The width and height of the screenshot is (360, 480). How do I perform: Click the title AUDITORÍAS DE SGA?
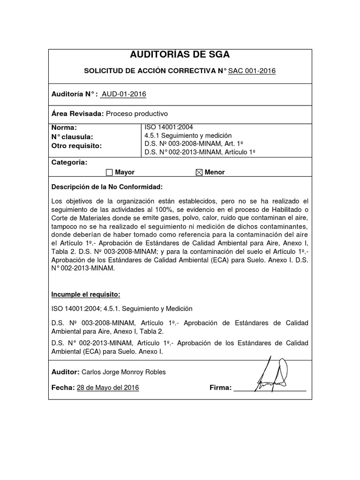(x=180, y=55)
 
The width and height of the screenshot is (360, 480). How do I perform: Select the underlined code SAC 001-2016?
(x=252, y=71)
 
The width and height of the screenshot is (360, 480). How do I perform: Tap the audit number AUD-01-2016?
(x=124, y=94)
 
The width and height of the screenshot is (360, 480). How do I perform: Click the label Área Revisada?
(x=77, y=113)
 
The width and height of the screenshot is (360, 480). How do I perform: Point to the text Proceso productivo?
(x=136, y=113)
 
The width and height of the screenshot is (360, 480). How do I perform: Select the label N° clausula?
(x=72, y=136)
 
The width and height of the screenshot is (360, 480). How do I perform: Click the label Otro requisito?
(x=76, y=145)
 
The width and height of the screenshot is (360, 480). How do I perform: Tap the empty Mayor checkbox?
(x=109, y=172)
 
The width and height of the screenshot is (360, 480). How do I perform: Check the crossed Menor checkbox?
(x=199, y=172)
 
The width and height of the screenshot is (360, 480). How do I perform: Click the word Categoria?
(x=69, y=162)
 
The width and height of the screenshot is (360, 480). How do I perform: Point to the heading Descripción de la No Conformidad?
(x=107, y=187)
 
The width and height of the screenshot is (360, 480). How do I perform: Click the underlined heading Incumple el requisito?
(x=86, y=294)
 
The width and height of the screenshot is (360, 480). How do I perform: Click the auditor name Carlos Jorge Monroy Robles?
(x=123, y=372)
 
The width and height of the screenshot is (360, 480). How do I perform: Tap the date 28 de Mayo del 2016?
(x=107, y=388)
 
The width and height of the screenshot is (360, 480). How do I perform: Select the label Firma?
(x=220, y=388)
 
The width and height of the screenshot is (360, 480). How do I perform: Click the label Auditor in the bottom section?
(x=65, y=372)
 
